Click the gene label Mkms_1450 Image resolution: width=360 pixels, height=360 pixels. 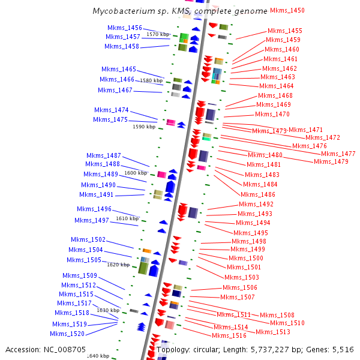point(287,10)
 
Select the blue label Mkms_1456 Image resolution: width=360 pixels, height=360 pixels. point(125,28)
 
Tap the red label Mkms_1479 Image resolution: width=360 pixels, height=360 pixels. point(331,161)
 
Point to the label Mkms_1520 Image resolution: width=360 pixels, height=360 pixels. point(67,334)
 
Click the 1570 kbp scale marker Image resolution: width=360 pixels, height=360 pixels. point(158,35)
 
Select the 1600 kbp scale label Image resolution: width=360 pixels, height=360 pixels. point(136,173)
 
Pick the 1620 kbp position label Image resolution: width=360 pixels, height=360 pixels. point(118,265)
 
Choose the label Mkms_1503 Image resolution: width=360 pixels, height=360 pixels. point(242,277)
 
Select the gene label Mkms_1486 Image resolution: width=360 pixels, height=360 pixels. point(258,194)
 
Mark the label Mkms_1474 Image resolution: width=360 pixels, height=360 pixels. point(112,110)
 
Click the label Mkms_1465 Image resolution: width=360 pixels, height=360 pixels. point(119,69)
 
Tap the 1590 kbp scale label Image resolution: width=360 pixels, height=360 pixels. point(144,127)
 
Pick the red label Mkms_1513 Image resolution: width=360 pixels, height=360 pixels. point(273,332)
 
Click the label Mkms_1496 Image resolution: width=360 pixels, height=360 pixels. point(94,209)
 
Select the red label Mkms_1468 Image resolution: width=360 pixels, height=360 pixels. point(275,95)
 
